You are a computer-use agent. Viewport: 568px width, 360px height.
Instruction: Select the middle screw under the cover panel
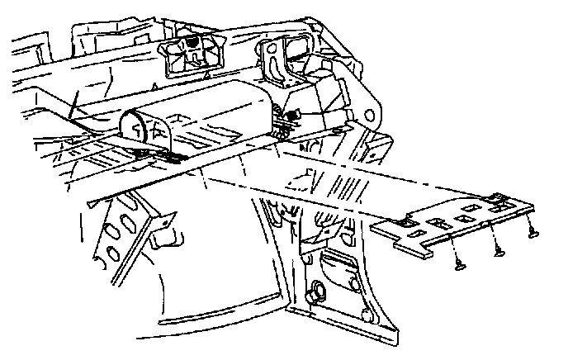[497, 251]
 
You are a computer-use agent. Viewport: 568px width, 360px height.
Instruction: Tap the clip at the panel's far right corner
[499, 199]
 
